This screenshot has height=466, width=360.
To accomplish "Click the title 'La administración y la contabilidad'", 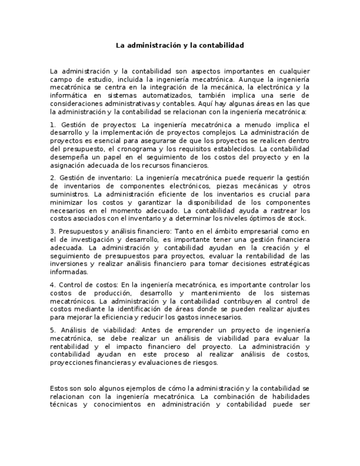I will click(180, 45).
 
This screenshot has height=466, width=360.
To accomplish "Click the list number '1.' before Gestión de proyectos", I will click(53, 125).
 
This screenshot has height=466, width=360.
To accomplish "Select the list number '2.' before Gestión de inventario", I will click(53, 178).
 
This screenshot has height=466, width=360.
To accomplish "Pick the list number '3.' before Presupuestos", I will click(53, 231).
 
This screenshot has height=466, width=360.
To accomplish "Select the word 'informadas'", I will click(68, 272).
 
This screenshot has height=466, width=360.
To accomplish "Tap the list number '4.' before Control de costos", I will click(53, 285).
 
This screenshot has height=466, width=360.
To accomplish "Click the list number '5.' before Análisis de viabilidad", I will click(53, 330).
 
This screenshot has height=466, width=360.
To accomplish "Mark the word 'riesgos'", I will click(206, 362).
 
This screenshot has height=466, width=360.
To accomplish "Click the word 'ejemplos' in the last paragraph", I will click(130, 389).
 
